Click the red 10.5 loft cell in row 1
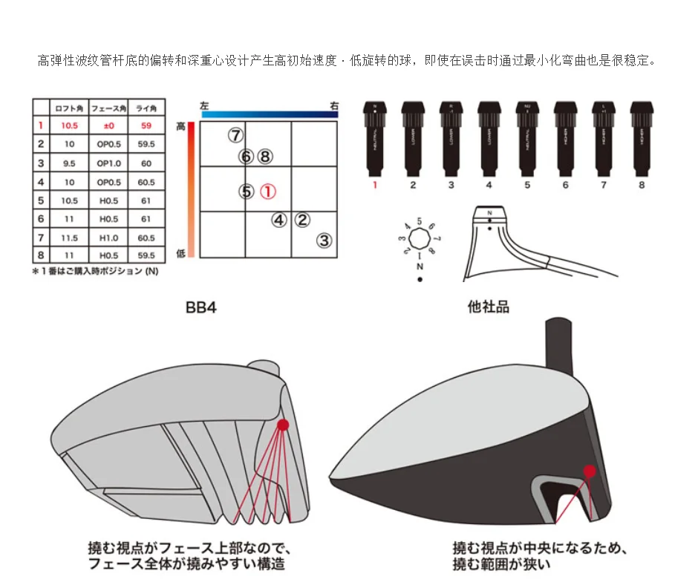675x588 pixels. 70,125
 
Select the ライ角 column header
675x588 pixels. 146,108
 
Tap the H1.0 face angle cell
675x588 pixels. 107,238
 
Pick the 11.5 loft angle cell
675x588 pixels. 70,238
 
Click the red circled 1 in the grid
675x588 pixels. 268,192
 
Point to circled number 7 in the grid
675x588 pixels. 235,136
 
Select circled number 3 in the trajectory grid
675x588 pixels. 324,241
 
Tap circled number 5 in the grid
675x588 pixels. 247,192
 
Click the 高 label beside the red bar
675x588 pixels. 180,127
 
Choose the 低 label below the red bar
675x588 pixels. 180,253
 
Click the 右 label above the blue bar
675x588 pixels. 334,106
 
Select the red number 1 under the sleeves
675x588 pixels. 374,185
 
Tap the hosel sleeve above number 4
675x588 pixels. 489,134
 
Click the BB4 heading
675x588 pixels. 200,307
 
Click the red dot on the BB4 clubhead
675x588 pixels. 282,425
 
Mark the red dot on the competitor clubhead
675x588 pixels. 590,471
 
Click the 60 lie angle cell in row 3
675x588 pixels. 146,163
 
